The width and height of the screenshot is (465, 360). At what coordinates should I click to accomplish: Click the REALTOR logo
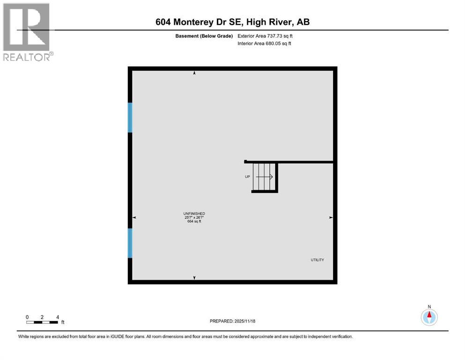(x=27, y=31)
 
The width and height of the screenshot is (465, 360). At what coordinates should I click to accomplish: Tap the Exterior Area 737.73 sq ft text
(x=267, y=36)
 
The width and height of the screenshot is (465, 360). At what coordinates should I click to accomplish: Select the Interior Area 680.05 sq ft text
(x=265, y=44)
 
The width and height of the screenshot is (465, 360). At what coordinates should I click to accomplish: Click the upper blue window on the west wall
(x=130, y=117)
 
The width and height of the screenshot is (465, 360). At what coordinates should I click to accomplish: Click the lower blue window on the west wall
(x=130, y=243)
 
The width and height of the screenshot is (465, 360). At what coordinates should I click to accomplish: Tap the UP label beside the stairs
(x=247, y=177)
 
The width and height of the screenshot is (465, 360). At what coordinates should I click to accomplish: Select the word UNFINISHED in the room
(x=194, y=214)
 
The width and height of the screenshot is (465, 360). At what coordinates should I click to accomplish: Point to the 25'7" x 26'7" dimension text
(x=194, y=217)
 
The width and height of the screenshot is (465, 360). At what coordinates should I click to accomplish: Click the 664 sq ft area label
(x=194, y=221)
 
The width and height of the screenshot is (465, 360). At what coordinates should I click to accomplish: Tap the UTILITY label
(x=317, y=260)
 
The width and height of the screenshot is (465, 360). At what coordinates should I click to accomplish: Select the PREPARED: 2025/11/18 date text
(x=232, y=321)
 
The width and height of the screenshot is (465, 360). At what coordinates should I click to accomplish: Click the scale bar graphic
(x=42, y=322)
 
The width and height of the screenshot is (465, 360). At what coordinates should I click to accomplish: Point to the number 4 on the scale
(x=57, y=317)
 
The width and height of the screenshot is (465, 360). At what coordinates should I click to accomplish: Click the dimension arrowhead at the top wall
(x=194, y=73)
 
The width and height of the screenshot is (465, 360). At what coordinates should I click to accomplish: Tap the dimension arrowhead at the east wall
(x=331, y=217)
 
